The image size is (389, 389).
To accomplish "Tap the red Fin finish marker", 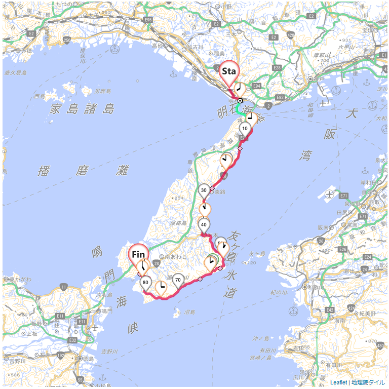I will point(139,254).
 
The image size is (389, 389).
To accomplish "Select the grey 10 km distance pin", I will point(245,128).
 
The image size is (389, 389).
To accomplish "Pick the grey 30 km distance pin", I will point(204,190).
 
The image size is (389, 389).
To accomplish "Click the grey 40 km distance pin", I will point(204,224).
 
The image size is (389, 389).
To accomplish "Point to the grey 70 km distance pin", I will point(178,280).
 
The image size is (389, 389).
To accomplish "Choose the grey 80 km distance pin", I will point(146,283).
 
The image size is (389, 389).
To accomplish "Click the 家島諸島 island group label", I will point(82,109).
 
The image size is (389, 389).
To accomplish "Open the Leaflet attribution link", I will point(338,382).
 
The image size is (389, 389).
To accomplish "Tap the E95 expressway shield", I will point(148,20).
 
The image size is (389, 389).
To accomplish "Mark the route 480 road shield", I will point(380,346).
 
